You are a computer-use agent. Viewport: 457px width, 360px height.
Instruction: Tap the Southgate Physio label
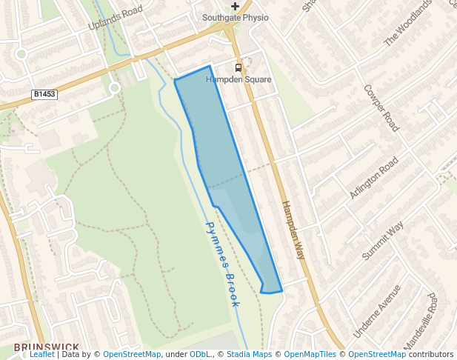click(236, 17)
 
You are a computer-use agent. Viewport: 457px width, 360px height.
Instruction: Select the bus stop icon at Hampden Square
click(238, 68)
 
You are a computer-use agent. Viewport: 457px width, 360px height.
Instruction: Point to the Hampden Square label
click(238, 79)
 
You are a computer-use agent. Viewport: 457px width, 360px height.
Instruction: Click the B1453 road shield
click(44, 94)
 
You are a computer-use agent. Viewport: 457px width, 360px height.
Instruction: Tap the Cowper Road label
click(381, 107)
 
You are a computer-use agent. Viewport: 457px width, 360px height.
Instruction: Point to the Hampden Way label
click(293, 230)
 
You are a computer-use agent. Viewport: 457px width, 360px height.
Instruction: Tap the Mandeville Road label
click(421, 321)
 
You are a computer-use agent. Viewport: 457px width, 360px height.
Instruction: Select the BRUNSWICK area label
click(46, 347)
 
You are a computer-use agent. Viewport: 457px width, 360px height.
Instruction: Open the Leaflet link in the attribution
click(41, 355)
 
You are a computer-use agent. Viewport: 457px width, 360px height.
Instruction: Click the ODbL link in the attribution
click(200, 355)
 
